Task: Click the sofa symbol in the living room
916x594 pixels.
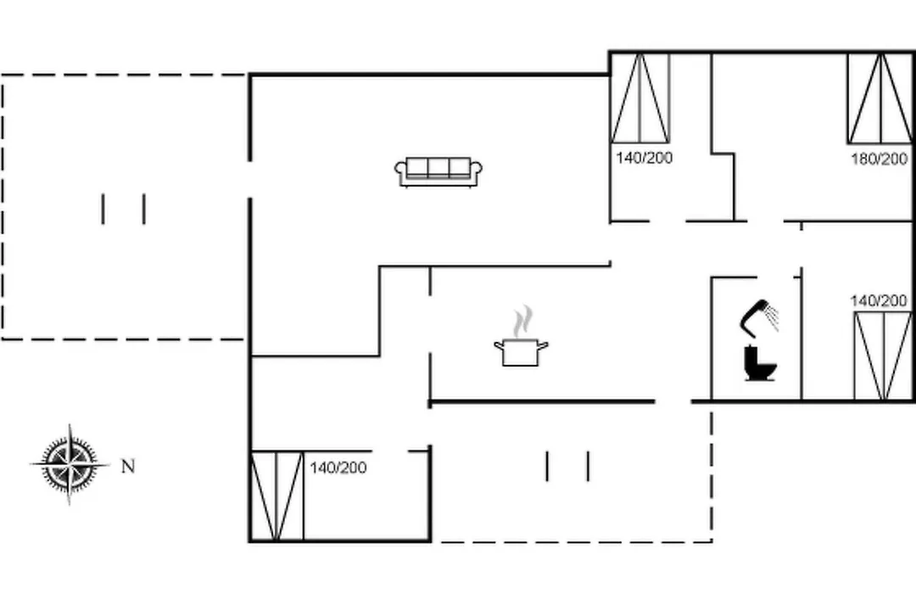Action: [x=438, y=172]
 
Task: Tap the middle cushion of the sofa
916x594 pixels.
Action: [x=438, y=167]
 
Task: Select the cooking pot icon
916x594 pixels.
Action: [x=521, y=352]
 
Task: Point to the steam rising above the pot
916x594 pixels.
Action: [x=523, y=321]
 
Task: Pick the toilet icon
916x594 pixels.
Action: [x=760, y=363]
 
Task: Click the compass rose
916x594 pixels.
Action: [x=70, y=465]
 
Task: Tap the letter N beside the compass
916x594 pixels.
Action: [x=128, y=466]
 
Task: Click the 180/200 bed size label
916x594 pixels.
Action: [x=879, y=159]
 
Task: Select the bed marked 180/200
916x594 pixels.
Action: [x=880, y=98]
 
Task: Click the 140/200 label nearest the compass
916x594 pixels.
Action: [x=338, y=468]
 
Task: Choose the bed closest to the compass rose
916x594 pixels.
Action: [x=277, y=496]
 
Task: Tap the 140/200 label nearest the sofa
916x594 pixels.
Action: [x=645, y=157]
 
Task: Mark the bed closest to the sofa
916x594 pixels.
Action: [x=640, y=98]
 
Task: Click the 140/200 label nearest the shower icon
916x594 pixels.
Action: [x=879, y=300]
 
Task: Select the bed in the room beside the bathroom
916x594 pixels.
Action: [x=883, y=356]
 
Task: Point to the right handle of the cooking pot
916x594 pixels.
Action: [x=543, y=345]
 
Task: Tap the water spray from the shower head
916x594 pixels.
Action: [x=773, y=317]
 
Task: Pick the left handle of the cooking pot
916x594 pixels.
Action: [x=500, y=345]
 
